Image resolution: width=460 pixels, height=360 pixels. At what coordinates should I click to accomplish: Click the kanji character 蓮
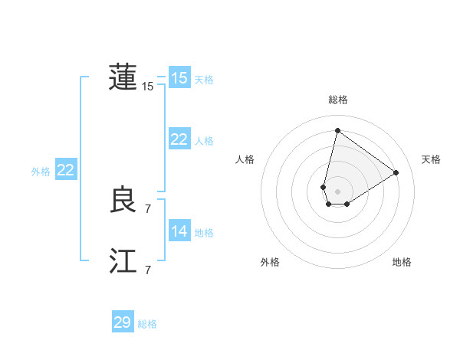pos(123,77)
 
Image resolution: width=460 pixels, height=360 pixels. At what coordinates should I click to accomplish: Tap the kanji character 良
pos(123,201)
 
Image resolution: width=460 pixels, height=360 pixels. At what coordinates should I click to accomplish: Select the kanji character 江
pos(123,262)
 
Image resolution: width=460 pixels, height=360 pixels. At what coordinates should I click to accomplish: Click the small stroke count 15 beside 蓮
pos(148,87)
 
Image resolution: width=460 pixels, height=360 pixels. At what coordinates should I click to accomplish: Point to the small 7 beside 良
pos(148,208)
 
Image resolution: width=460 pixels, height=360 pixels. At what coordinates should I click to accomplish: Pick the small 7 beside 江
pos(148,270)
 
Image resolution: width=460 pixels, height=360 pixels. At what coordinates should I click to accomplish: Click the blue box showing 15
pos(179,78)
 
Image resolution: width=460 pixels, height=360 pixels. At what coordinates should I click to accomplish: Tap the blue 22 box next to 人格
pos(179,139)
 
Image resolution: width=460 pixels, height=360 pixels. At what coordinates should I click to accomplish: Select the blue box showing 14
pos(179,231)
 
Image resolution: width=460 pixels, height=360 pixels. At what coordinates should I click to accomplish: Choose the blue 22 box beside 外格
pos(65,170)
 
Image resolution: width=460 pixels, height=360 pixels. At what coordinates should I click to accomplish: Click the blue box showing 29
pos(122,322)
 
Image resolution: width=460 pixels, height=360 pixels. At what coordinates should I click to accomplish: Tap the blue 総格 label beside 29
pos(147,324)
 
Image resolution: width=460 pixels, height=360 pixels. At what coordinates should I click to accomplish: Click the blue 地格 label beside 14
pos(204,233)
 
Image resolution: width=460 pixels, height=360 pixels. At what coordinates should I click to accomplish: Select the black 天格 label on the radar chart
pos(431,159)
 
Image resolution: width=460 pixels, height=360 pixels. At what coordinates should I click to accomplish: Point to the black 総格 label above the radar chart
pos(337,100)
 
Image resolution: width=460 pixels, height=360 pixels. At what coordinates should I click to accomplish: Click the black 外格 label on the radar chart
pos(270,262)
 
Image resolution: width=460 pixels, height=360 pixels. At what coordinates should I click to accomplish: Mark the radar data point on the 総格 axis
pos(337,129)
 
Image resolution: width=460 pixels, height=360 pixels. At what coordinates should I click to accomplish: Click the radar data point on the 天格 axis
pos(396,172)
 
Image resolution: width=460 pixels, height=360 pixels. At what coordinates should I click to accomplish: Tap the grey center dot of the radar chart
pos(337,191)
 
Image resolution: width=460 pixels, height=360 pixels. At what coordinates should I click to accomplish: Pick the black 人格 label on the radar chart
pos(245,159)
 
